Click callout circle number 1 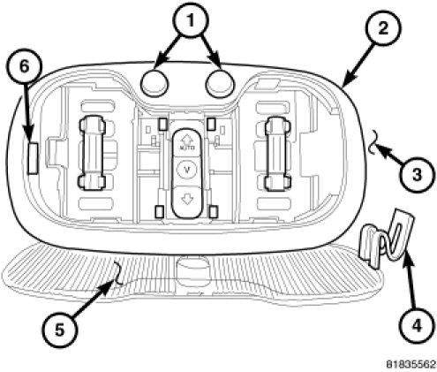[191, 20]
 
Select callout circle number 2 [383, 28]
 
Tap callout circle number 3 [417, 175]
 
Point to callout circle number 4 [417, 326]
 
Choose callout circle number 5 [59, 330]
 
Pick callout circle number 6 [24, 67]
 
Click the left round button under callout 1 [154, 82]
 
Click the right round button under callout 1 [220, 82]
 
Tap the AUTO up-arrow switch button [186, 142]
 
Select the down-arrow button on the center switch [186, 201]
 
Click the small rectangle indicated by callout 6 [33, 158]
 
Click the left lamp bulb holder [92, 153]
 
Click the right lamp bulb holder [277, 153]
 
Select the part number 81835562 [411, 364]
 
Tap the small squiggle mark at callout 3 [373, 142]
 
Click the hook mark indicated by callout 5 [119, 274]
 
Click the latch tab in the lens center [192, 266]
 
